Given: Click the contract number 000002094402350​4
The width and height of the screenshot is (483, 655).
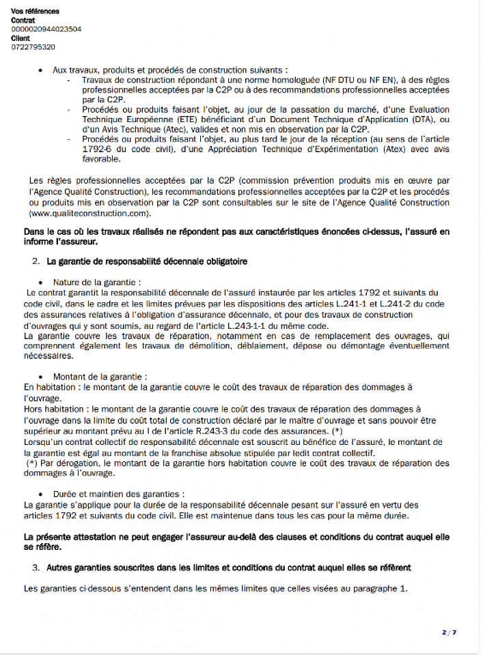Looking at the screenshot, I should pos(46,29).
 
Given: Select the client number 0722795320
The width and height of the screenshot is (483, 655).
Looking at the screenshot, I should pos(33,47).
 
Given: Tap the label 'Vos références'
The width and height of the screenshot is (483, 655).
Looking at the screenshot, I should pos(36,12).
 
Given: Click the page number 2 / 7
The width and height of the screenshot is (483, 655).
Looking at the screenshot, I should pos(449,632).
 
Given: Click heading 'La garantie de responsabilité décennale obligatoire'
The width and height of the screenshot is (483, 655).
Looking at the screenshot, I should pos(147,261).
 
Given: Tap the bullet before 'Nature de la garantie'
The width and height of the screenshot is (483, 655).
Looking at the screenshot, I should pos(42,282).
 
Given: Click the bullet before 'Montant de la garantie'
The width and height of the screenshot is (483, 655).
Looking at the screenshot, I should pos(42,377).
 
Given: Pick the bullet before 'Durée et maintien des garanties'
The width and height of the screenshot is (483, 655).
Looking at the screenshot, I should pos(42,494).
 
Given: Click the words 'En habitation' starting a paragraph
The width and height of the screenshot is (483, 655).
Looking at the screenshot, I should pos(48,387).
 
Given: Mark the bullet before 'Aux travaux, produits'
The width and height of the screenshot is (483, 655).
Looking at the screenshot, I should pos(42,70).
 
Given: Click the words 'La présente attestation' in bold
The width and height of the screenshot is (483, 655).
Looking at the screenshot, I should pos(68,537).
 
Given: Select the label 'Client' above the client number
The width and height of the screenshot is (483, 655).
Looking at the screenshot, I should pos(20,38).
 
